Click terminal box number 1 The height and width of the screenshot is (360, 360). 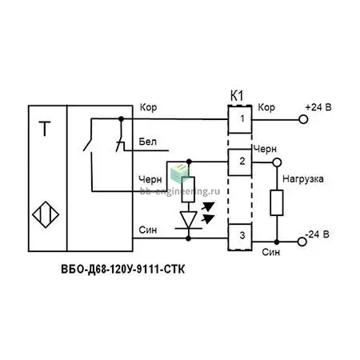pyautogui.click(x=240, y=119)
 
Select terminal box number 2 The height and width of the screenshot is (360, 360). pyautogui.click(x=240, y=162)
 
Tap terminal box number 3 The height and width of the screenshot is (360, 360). pyautogui.click(x=240, y=237)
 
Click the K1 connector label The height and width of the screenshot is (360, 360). pyautogui.click(x=237, y=96)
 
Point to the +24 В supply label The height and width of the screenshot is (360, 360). pyautogui.click(x=318, y=107)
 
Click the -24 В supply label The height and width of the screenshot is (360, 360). pyautogui.click(x=317, y=234)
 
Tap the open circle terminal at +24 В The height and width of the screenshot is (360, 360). pyautogui.click(x=303, y=119)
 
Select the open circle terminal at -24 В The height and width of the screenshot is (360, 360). pyautogui.click(x=302, y=242)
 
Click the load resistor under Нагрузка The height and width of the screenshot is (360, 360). pyautogui.click(x=277, y=202)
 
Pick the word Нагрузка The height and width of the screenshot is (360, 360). pyautogui.click(x=303, y=179)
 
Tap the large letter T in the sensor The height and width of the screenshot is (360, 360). pyautogui.click(x=45, y=129)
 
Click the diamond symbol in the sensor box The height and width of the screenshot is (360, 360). pyautogui.click(x=46, y=214)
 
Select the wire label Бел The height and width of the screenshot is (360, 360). pyautogui.click(x=147, y=142)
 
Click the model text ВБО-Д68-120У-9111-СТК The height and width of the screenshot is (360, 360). pyautogui.click(x=122, y=269)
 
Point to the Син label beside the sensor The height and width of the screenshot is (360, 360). pyautogui.click(x=148, y=230)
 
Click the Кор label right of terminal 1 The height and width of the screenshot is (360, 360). pyautogui.click(x=266, y=107)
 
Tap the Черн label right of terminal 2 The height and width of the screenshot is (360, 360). pyautogui.click(x=265, y=150)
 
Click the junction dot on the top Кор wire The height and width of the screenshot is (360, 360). pyautogui.click(x=121, y=118)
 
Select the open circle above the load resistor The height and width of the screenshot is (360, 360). pyautogui.click(x=277, y=162)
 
